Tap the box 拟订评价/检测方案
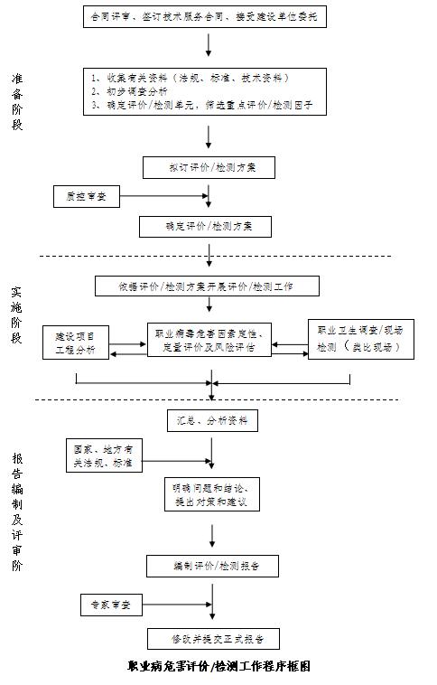(209, 167)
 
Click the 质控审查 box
(86, 195)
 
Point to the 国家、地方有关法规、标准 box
(104, 455)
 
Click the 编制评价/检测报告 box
(212, 567)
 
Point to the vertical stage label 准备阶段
(17, 101)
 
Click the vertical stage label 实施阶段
(17, 316)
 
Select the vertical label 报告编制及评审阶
(17, 511)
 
